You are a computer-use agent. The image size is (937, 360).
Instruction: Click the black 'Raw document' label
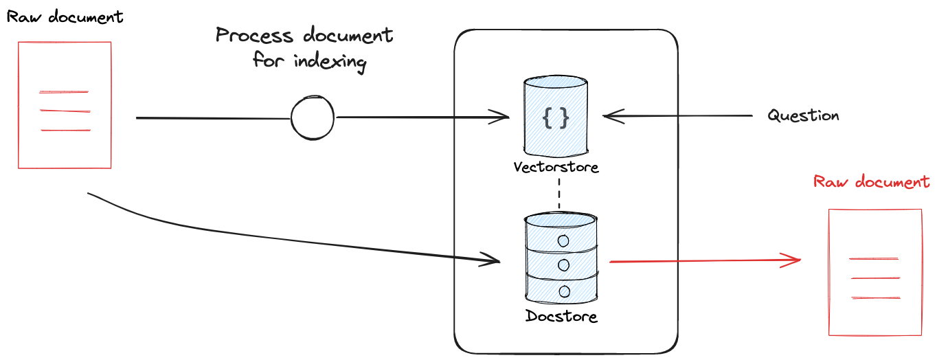[x=65, y=17]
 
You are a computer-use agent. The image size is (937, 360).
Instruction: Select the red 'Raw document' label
[x=871, y=182]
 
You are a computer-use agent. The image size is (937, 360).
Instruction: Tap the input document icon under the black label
[x=65, y=105]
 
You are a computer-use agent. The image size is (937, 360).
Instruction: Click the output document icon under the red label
[x=874, y=272]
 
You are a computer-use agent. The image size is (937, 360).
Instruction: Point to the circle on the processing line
[x=313, y=118]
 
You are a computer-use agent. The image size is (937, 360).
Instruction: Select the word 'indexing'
[x=330, y=62]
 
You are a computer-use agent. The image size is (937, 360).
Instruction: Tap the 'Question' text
[x=803, y=115]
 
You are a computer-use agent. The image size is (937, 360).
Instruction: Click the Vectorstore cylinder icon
[x=556, y=117]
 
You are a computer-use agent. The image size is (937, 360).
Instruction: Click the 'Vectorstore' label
[x=556, y=167]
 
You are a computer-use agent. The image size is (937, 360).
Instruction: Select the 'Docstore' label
[x=561, y=317]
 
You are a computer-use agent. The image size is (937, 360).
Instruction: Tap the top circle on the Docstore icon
[x=564, y=240]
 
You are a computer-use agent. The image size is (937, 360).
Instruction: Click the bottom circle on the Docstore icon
[x=564, y=292]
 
